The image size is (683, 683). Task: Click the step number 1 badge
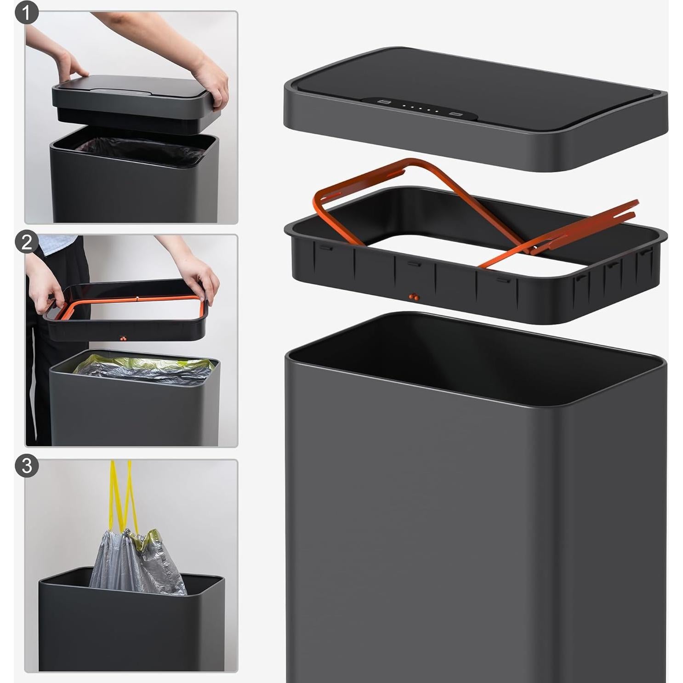click(x=27, y=13)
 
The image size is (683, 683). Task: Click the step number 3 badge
click(x=27, y=466)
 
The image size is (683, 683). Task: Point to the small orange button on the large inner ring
click(x=414, y=297)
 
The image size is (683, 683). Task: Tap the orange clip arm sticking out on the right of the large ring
click(x=593, y=225)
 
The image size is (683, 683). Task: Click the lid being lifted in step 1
click(x=133, y=99)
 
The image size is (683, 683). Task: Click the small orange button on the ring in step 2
click(x=123, y=339)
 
